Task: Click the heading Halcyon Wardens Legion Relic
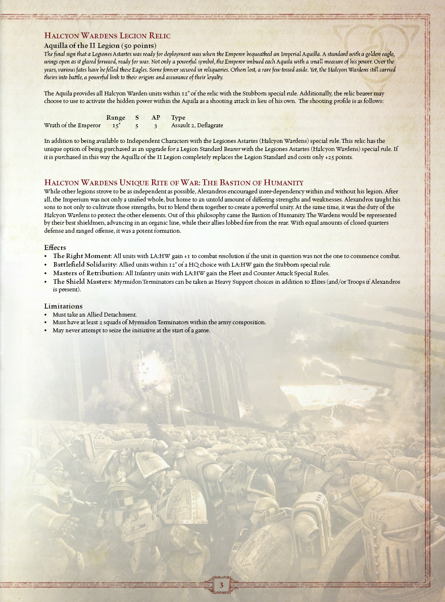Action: pyautogui.click(x=107, y=35)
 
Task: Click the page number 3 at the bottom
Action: pyautogui.click(x=222, y=585)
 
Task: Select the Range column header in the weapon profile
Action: pyautogui.click(x=116, y=118)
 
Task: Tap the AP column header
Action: pyautogui.click(x=156, y=118)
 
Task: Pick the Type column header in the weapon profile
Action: pyautogui.click(x=178, y=118)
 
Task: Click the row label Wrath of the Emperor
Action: pyautogui.click(x=72, y=125)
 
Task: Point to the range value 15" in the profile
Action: pyautogui.click(x=117, y=125)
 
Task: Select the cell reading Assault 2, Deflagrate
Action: pyautogui.click(x=197, y=125)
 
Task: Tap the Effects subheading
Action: pyautogui.click(x=55, y=247)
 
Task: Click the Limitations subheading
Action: pyautogui.click(x=63, y=306)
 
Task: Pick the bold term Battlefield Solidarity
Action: pyautogui.click(x=85, y=265)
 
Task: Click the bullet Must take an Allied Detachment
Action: pyautogui.click(x=94, y=315)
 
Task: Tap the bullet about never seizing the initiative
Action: pyautogui.click(x=131, y=331)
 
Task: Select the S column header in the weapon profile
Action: pyautogui.click(x=137, y=118)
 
